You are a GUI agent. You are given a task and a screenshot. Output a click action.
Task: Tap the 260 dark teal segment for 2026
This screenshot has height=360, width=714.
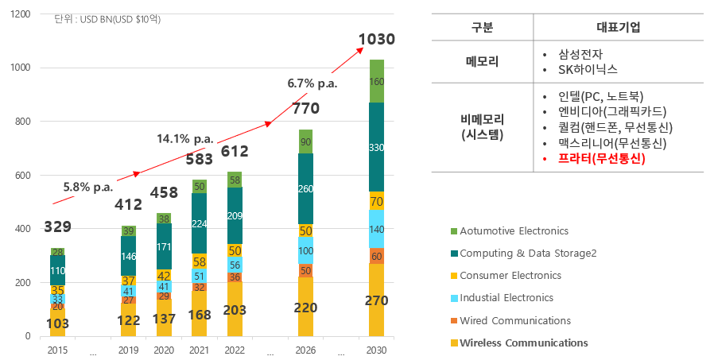305,189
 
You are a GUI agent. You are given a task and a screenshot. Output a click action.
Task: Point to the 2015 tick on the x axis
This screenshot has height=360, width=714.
57,350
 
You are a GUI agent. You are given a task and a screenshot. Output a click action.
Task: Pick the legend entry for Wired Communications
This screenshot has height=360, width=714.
521,320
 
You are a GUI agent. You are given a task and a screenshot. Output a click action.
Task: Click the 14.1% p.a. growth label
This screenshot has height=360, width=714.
184,138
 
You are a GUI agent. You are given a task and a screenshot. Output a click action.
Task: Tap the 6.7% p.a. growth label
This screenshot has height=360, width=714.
312,83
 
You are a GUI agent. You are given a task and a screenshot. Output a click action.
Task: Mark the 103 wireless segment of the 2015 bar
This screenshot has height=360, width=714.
57,323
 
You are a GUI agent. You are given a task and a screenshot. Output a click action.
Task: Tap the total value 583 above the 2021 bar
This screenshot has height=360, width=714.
199,160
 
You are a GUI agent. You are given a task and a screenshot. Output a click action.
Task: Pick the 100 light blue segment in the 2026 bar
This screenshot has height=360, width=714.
305,250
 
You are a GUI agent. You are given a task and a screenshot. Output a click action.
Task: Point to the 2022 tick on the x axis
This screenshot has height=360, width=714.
234,350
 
